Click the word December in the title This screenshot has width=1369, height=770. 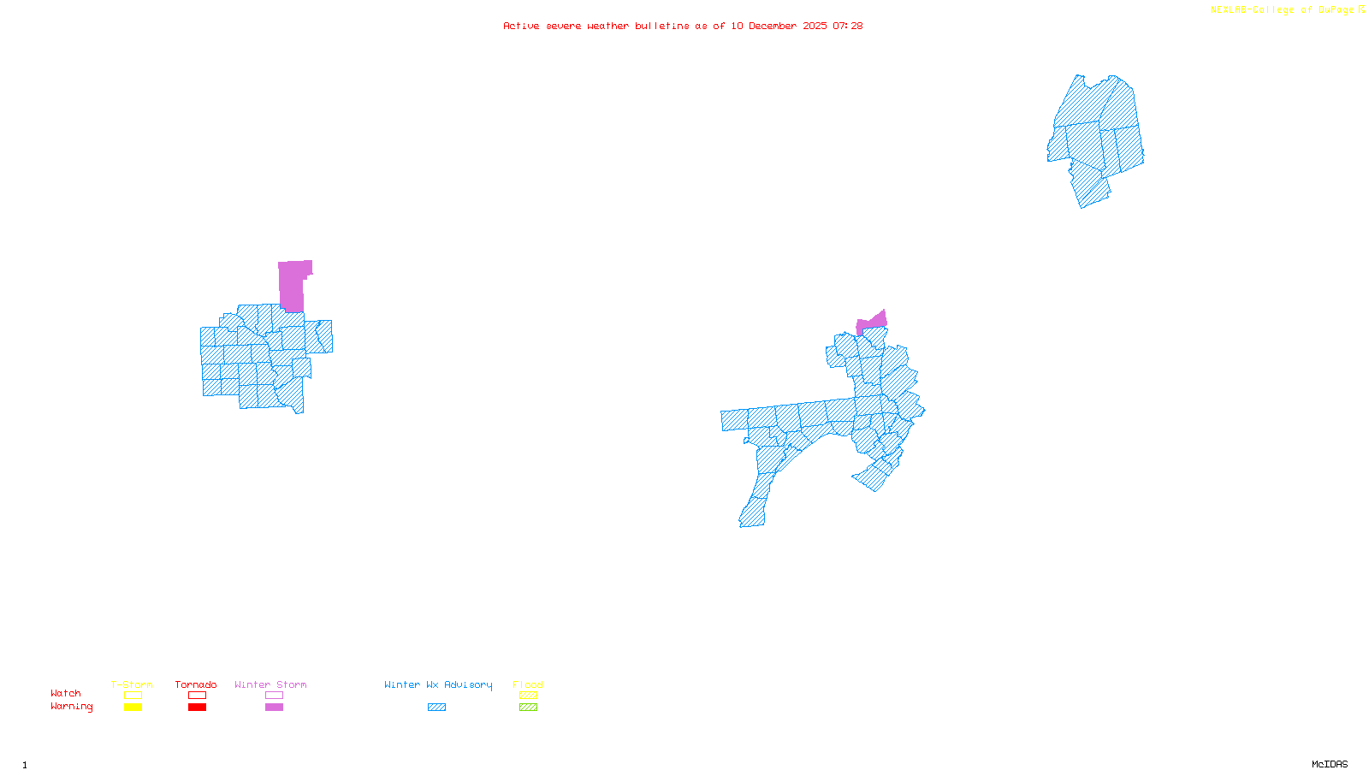(x=773, y=26)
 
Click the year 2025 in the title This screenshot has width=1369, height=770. (x=815, y=26)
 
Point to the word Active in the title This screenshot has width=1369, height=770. (x=521, y=26)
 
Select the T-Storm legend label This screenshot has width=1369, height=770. (x=132, y=684)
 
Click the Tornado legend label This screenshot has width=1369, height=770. (x=196, y=684)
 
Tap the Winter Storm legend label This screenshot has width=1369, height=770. (x=270, y=684)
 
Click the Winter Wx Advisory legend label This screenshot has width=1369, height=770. (x=438, y=684)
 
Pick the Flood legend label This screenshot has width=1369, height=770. (x=528, y=684)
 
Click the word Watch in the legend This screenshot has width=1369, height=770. (x=66, y=693)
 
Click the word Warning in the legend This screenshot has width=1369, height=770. (x=71, y=707)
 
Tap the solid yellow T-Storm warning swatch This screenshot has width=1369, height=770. (x=133, y=708)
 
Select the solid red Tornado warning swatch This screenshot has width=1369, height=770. (x=197, y=708)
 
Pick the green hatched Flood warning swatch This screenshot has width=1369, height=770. (x=528, y=708)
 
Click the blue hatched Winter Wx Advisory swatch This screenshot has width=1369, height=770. (x=436, y=708)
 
